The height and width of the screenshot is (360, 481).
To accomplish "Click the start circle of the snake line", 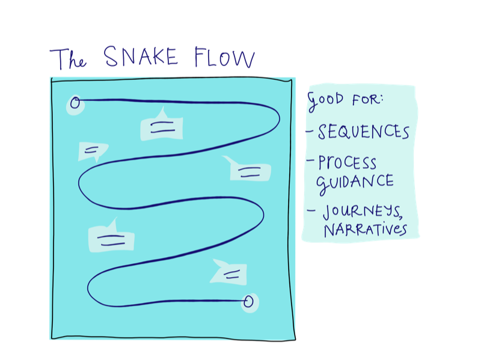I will click(75, 103).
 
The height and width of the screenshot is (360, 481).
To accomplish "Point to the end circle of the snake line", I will click(248, 301).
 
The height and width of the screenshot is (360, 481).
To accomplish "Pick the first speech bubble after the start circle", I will click(161, 126).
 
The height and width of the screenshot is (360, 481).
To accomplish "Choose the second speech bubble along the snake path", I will click(92, 151).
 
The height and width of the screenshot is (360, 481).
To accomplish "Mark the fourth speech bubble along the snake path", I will click(111, 238).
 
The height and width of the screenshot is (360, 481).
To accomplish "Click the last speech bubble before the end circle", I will click(230, 273).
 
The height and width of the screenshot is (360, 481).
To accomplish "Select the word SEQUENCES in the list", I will click(364, 132).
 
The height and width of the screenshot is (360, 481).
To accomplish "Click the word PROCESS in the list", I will click(348, 163).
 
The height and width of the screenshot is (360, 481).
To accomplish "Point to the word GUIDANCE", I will click(356, 181).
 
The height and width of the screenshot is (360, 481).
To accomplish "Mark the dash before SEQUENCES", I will click(310, 130).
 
